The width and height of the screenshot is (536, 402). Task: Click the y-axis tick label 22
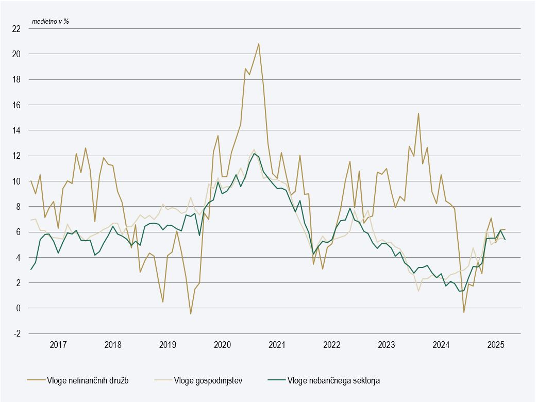point(16,28)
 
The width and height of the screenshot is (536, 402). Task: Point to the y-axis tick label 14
point(16,130)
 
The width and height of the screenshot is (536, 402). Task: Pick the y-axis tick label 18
point(16,79)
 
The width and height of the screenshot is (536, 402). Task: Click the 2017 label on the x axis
point(58,344)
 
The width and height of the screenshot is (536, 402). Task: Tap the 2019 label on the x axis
point(167,344)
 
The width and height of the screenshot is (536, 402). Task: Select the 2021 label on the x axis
point(277,344)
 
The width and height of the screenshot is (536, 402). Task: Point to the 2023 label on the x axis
point(386,344)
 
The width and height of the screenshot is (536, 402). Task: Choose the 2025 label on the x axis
point(495,344)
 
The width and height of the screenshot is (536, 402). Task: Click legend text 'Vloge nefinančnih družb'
point(87,381)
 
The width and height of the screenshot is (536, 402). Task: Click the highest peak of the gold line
point(259,44)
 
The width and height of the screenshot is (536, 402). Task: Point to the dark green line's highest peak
point(254,153)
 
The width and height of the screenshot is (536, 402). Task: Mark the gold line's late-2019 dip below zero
point(190,314)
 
